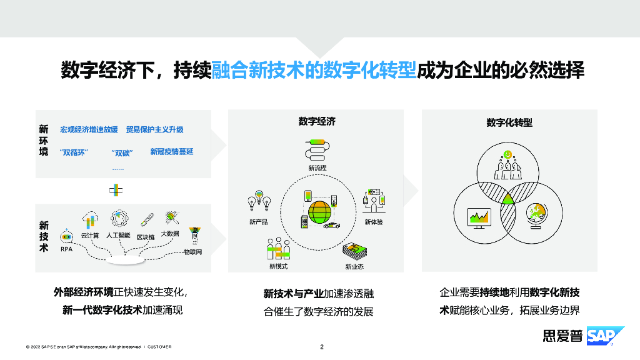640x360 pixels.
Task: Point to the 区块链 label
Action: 146,237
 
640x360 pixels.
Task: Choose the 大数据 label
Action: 170,234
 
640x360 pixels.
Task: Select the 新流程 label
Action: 317,167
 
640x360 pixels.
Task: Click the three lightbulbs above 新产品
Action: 259,201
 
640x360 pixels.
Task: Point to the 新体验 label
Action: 373,222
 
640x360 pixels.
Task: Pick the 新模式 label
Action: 278,267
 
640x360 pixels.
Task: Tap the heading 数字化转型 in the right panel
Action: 509,123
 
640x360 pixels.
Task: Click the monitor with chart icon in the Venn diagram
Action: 478,217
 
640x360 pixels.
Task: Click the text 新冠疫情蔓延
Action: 172,152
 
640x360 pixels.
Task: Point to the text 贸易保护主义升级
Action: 154,130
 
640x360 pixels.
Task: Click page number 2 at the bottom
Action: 321,347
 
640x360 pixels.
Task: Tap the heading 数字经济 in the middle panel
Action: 317,121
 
